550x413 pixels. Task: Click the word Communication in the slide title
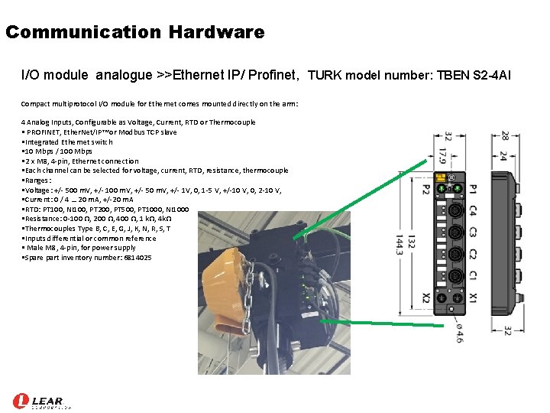83,32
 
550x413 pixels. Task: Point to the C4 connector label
474,210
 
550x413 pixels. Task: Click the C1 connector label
474,275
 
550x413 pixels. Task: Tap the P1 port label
474,187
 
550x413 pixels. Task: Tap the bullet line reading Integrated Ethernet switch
69,141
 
